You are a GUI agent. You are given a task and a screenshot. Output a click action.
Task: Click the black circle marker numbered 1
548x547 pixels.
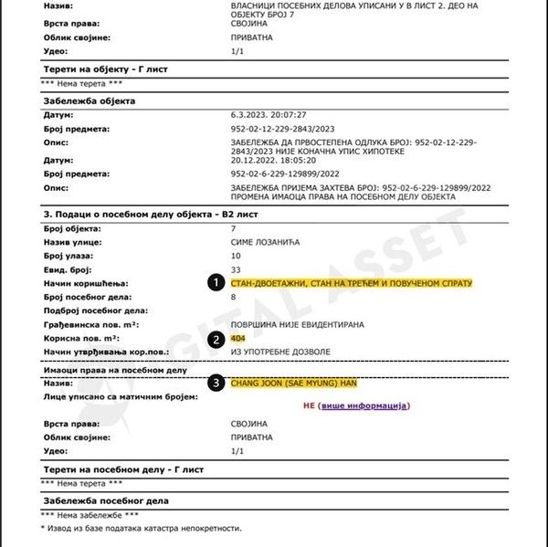[x=216, y=283]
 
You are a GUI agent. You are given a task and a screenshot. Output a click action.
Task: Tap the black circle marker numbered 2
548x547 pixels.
[x=216, y=339]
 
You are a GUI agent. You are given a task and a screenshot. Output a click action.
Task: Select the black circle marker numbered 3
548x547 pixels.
[x=216, y=383]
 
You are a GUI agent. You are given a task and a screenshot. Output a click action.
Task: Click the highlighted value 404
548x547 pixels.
[x=238, y=339]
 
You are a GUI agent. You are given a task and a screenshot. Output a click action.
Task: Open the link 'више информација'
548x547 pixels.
[x=364, y=405]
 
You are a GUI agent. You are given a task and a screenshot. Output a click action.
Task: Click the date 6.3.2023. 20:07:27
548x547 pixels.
[x=268, y=115]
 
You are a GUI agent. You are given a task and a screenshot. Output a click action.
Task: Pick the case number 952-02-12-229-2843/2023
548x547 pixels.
[x=283, y=129]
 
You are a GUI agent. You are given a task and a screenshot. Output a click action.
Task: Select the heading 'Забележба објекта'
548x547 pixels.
[x=90, y=100]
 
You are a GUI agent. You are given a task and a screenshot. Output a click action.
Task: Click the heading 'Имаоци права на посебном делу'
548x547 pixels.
[x=115, y=370]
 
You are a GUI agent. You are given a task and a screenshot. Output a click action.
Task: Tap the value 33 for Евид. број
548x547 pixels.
[x=236, y=269]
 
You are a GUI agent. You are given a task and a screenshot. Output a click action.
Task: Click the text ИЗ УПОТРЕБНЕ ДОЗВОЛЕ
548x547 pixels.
[x=279, y=352]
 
